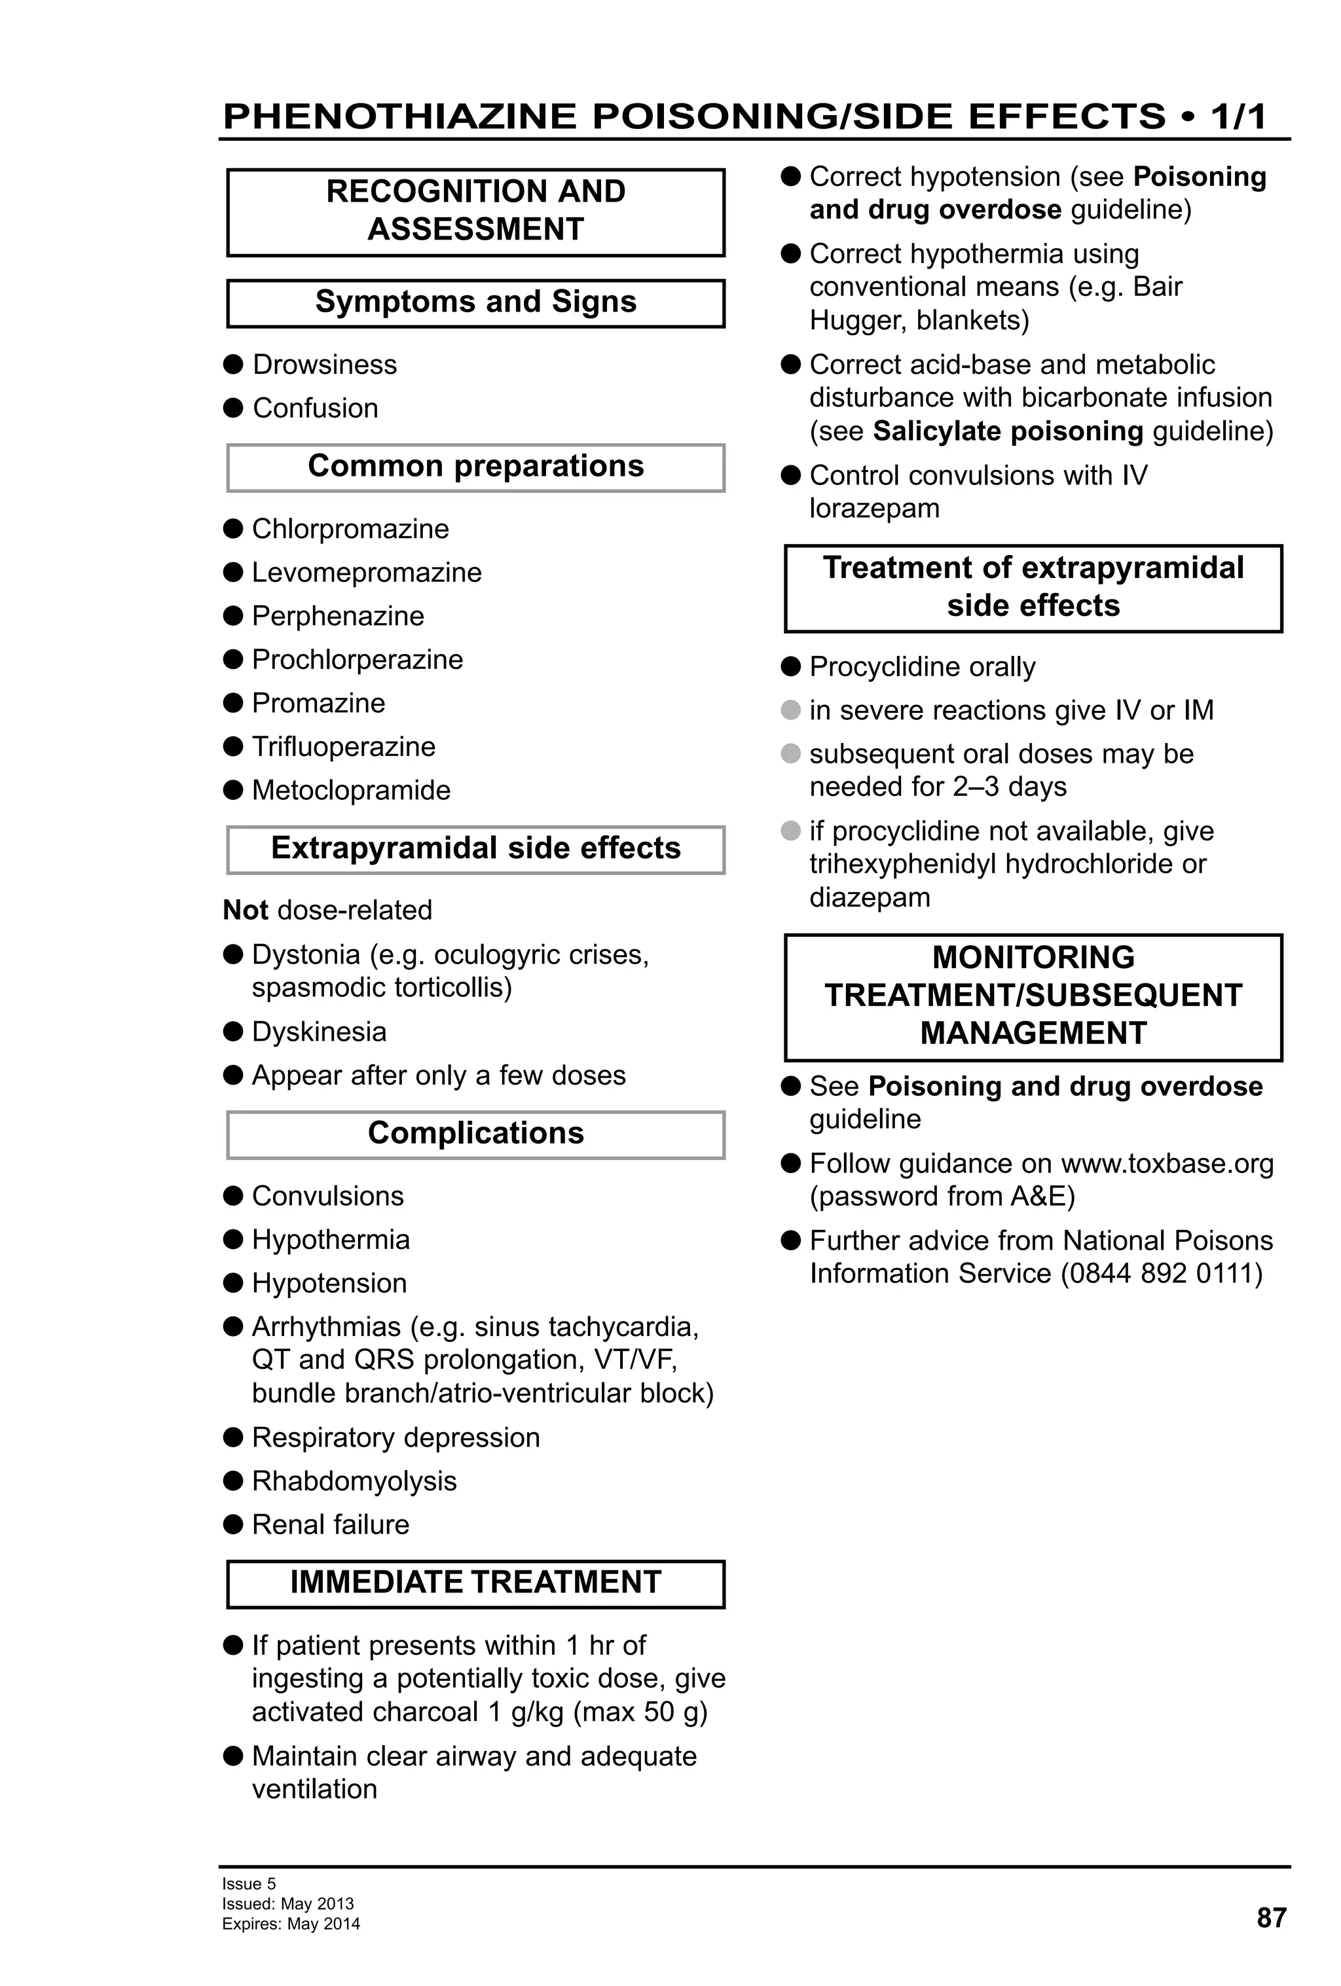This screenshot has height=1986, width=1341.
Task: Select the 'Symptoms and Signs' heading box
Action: (x=475, y=302)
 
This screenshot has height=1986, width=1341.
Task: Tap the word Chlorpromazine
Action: (x=350, y=529)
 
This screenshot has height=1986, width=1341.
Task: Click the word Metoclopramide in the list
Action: (x=350, y=791)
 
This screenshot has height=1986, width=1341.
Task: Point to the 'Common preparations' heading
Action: (x=475, y=467)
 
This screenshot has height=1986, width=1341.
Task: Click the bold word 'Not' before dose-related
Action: (x=246, y=910)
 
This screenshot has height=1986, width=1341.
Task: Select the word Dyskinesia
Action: (x=319, y=1032)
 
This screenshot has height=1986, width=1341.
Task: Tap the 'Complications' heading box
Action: (x=475, y=1134)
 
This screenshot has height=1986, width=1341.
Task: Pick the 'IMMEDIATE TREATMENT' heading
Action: (x=475, y=1583)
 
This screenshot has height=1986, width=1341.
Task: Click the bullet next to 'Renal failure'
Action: (x=233, y=1525)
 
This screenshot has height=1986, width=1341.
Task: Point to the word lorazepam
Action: (x=873, y=509)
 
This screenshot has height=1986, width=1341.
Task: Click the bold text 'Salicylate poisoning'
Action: (x=1007, y=431)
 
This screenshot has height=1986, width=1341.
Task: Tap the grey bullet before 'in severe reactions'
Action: (x=790, y=710)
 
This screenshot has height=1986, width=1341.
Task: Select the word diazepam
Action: (x=869, y=898)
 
